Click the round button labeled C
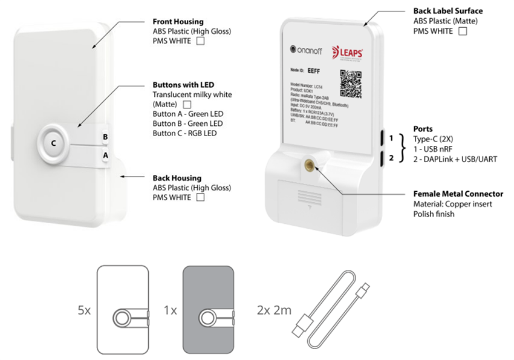[x=54, y=143]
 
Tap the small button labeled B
[x=105, y=137]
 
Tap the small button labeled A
[x=105, y=155]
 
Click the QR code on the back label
[x=352, y=84]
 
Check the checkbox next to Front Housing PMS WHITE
[x=200, y=41]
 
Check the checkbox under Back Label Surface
[x=463, y=31]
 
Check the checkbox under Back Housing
[x=200, y=197]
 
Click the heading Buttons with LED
[x=183, y=85]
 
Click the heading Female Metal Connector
[x=458, y=194]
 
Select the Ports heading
[x=422, y=129]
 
